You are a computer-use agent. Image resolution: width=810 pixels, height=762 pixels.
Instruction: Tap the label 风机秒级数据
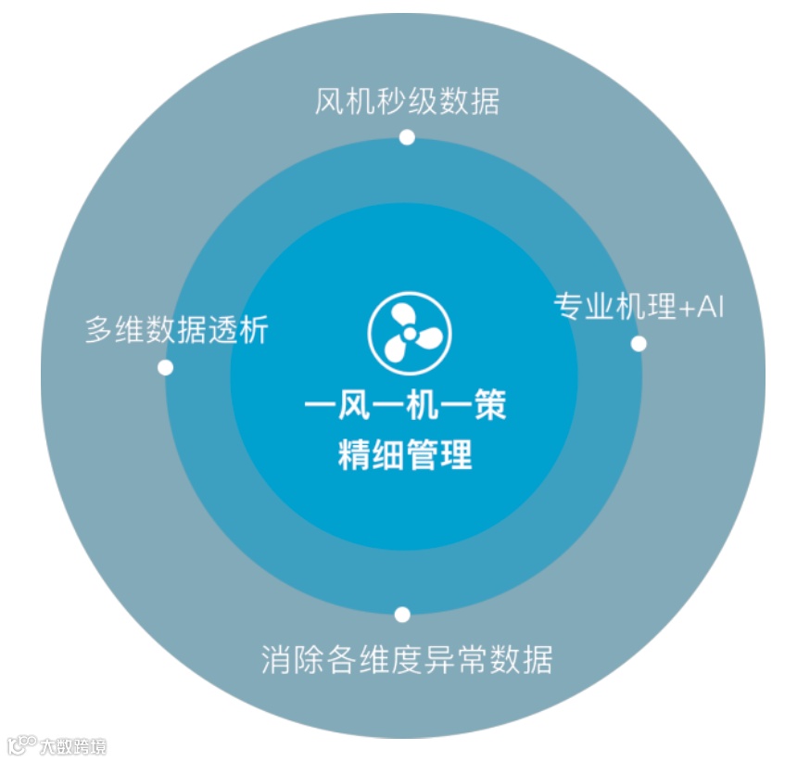(407, 101)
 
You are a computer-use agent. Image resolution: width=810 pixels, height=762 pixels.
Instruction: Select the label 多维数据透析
(176, 330)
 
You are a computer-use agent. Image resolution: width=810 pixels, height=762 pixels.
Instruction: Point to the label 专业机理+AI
(639, 306)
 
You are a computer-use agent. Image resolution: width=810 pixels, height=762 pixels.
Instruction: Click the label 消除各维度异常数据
(407, 660)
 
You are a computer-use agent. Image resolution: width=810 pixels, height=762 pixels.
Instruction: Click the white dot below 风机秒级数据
(406, 137)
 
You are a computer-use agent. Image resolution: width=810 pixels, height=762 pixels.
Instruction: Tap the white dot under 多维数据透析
(165, 367)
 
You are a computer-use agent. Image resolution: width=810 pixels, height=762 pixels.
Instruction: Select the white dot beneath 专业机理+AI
(639, 343)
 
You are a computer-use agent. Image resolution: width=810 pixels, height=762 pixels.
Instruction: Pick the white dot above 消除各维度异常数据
(402, 614)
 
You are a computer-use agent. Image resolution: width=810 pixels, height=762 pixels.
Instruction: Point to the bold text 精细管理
(406, 455)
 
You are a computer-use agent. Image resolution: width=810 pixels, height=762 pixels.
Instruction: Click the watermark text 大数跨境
(72, 745)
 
